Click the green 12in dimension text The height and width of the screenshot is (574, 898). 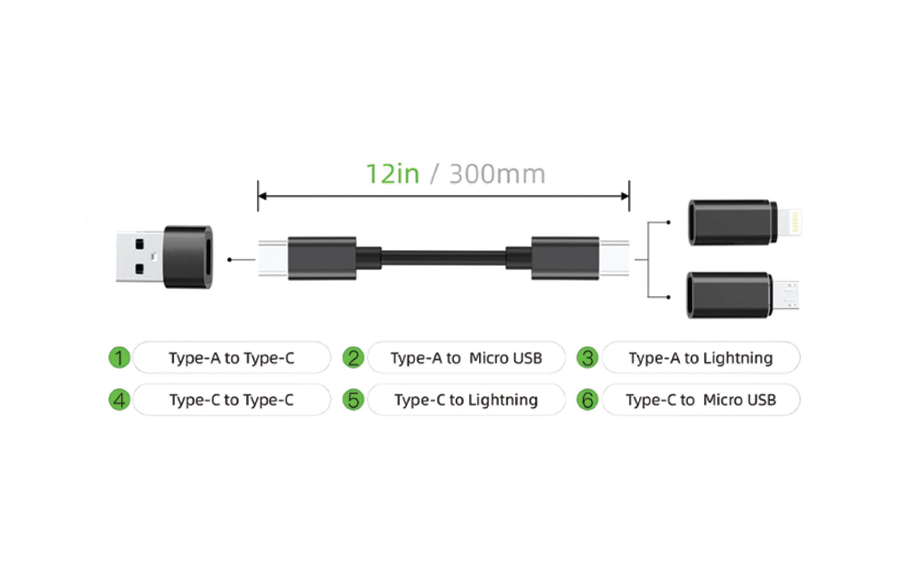click(x=393, y=174)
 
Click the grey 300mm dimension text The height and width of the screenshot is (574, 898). click(x=497, y=174)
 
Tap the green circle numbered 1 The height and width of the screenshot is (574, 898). click(x=119, y=358)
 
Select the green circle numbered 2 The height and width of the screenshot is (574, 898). click(x=353, y=358)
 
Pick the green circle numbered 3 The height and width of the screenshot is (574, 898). click(x=587, y=358)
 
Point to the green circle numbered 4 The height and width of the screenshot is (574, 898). click(x=119, y=400)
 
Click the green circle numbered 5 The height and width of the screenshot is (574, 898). click(x=353, y=400)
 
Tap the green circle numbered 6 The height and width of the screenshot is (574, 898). click(x=587, y=400)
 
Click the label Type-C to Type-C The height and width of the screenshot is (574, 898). click(x=232, y=400)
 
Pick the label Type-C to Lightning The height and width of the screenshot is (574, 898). click(x=466, y=400)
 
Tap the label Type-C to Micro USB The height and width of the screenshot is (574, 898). click(x=701, y=400)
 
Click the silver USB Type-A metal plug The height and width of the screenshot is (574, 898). click(x=140, y=257)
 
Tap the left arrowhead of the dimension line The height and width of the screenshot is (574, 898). click(x=262, y=196)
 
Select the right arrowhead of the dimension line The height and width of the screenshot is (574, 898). click(x=625, y=196)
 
